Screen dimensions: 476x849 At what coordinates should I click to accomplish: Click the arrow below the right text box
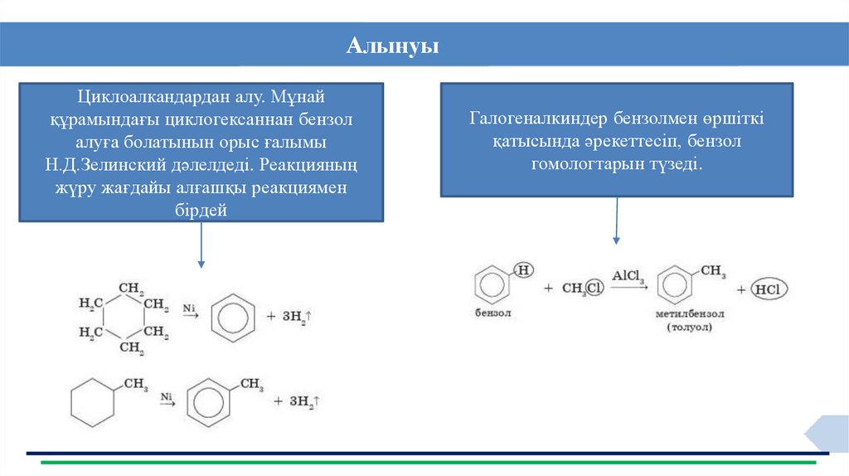click(x=616, y=221)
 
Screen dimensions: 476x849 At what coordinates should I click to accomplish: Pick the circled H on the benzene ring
click(x=523, y=270)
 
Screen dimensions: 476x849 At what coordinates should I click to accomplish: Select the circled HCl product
click(x=769, y=289)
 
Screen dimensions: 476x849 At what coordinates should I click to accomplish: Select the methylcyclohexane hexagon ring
click(x=91, y=402)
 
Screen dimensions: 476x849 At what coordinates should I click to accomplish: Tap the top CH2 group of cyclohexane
click(x=132, y=289)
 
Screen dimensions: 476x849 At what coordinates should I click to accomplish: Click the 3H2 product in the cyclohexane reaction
click(x=299, y=317)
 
